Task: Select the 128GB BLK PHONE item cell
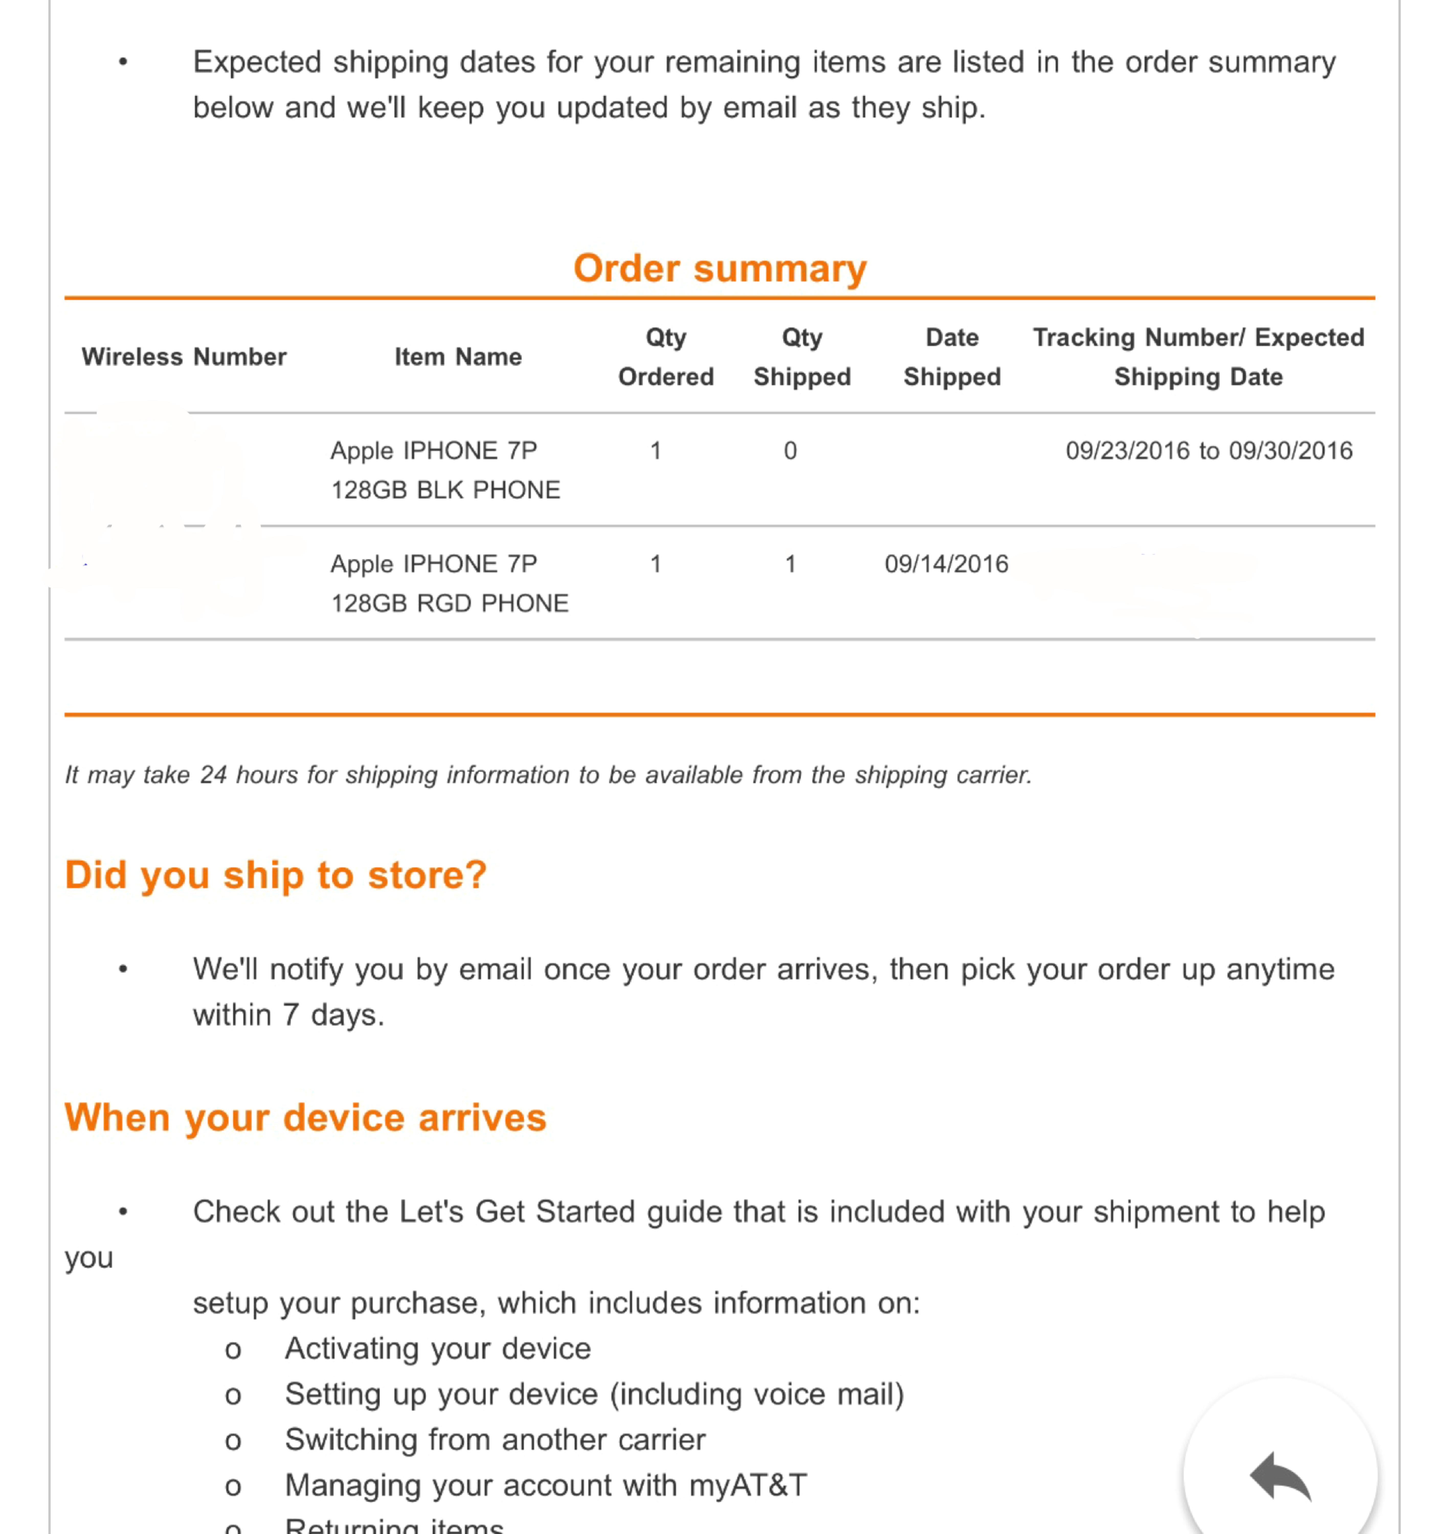[445, 470]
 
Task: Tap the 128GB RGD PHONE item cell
[449, 583]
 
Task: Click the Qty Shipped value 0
[790, 451]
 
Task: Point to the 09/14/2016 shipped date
[946, 564]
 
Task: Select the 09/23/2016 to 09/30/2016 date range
[1208, 451]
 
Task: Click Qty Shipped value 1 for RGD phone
[790, 564]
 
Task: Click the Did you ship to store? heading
[275, 875]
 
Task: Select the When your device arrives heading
[306, 1117]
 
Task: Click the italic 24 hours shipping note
[548, 775]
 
